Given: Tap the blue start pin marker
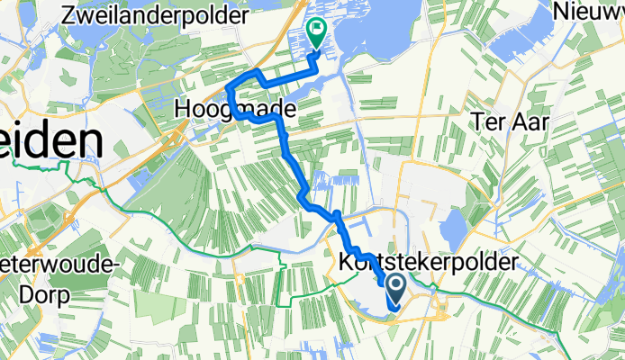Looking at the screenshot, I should (395, 289).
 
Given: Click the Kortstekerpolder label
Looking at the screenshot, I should (430, 262).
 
